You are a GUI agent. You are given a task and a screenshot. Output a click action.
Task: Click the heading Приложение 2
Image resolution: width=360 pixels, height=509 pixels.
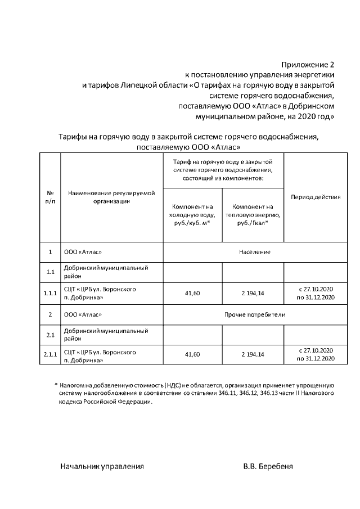tap(308, 65)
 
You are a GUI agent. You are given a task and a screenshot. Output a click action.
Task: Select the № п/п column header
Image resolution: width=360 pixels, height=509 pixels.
tap(49, 197)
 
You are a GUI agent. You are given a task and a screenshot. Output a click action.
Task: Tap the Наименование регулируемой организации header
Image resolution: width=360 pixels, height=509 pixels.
tap(111, 197)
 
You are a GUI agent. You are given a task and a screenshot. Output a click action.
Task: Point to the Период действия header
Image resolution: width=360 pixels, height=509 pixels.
tap(315, 197)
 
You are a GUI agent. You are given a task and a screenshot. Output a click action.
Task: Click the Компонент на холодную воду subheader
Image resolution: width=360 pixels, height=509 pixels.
tap(192, 214)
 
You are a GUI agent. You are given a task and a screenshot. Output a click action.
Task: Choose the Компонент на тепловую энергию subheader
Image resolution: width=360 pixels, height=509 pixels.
tap(253, 214)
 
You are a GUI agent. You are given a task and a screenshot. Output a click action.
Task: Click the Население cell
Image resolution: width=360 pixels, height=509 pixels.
tap(254, 251)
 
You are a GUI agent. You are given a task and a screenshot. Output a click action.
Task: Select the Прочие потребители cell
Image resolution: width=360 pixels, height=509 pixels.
tap(254, 314)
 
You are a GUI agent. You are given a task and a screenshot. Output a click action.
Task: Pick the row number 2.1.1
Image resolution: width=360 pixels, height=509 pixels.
tap(49, 355)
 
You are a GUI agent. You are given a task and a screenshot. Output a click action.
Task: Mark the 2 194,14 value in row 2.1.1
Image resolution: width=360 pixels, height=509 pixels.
tap(253, 355)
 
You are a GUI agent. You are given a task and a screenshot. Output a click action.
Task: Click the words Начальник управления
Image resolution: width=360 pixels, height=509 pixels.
tap(102, 467)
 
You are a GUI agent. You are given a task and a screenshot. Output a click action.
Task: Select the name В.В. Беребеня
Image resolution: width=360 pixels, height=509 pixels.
tap(268, 467)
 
